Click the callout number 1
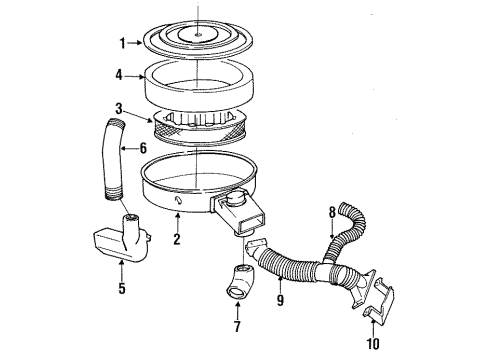(122, 43)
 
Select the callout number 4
(119, 74)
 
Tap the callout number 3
(118, 108)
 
